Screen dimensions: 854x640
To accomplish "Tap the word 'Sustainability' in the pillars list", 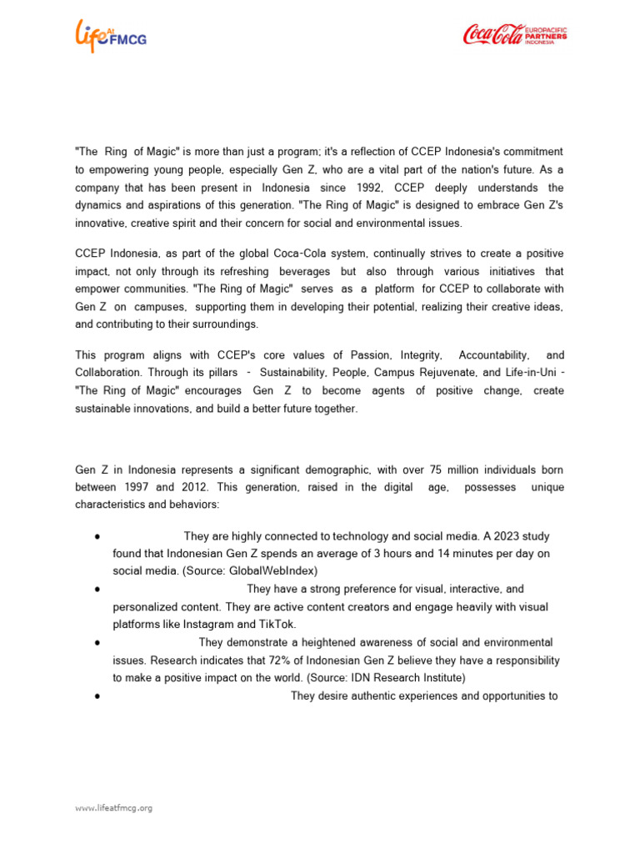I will click(x=297, y=372).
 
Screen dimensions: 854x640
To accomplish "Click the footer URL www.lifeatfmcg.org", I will click(x=113, y=807).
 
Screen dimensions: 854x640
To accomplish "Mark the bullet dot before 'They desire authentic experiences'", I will click(x=98, y=696).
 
